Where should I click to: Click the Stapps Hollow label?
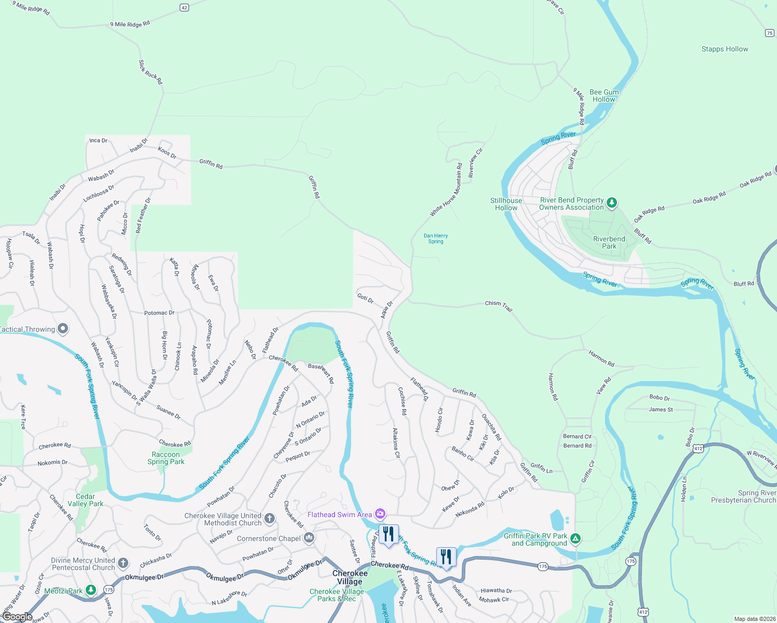point(725,49)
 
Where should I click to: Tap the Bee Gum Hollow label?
point(604,96)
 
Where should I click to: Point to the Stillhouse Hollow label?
point(506,204)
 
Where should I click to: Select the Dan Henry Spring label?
point(436,238)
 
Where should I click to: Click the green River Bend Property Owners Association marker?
point(612,202)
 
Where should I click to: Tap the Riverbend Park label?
point(609,242)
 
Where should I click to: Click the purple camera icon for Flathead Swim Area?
point(380,514)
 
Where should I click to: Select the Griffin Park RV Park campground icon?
point(575,539)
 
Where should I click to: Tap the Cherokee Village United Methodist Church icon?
point(269,518)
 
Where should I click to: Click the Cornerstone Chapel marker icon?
point(309,538)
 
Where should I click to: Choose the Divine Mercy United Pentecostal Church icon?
point(123,563)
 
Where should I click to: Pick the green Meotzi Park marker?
point(91,590)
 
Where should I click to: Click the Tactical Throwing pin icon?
point(63,329)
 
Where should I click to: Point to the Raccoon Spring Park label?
point(166,458)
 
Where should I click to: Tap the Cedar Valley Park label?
point(85,500)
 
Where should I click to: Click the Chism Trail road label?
point(499,306)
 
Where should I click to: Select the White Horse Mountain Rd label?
point(446,190)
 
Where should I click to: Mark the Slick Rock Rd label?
point(151,72)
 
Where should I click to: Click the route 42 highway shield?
point(184,7)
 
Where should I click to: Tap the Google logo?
point(17,617)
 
